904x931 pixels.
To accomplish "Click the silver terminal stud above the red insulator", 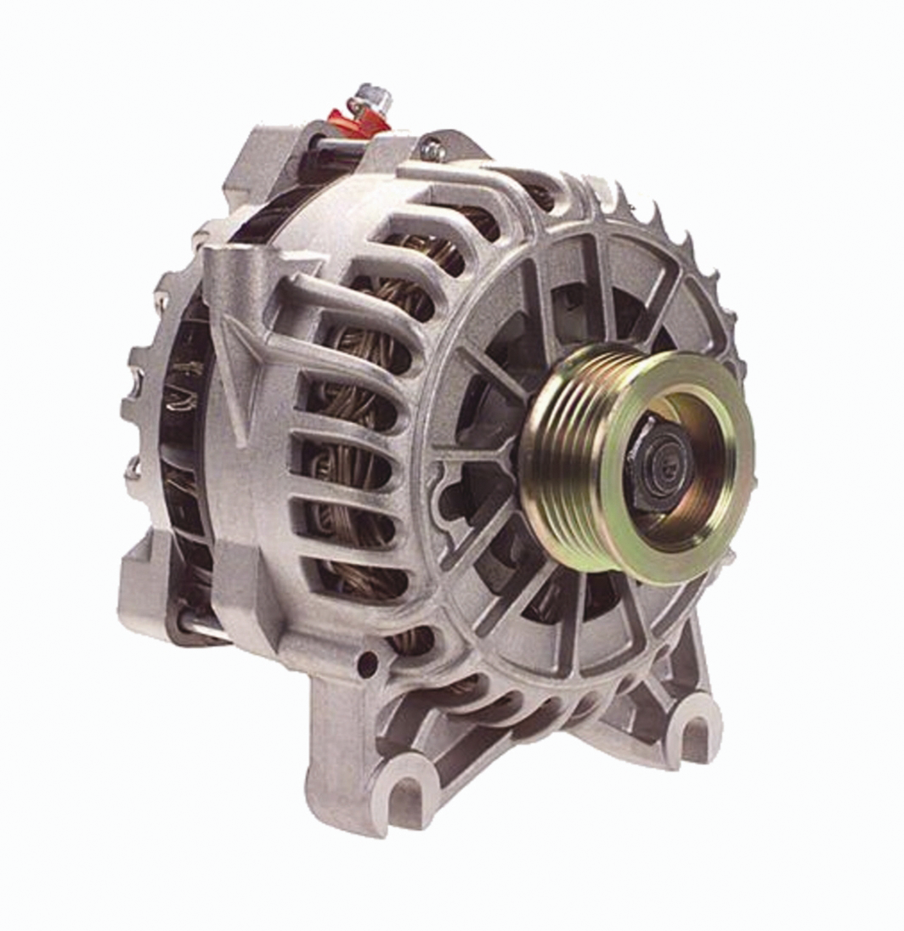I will [370, 95].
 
